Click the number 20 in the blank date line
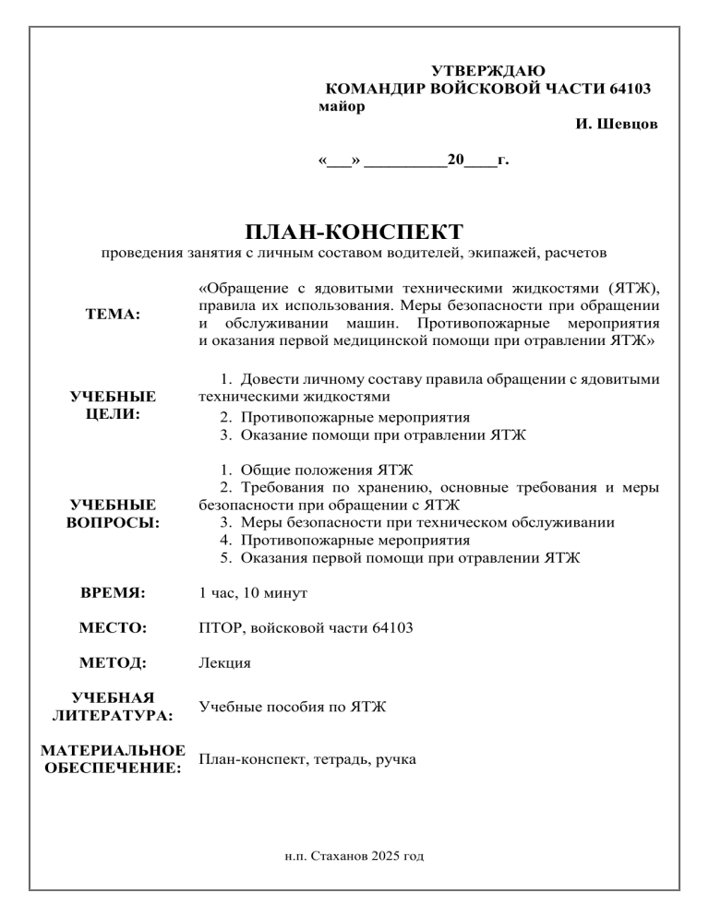(x=455, y=159)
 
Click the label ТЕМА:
(x=113, y=314)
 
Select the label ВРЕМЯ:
(x=114, y=590)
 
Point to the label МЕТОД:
(x=114, y=662)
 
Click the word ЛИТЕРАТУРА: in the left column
(x=114, y=714)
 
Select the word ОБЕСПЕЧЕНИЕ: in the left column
(x=114, y=768)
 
